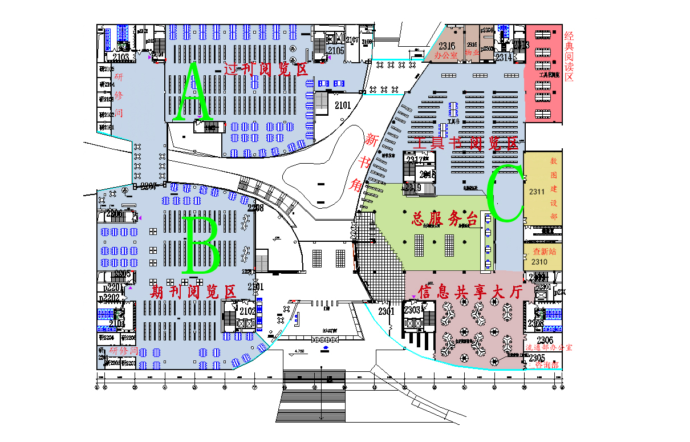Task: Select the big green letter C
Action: pos(505,193)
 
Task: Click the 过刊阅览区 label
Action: pos(266,70)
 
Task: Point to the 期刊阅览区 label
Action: pos(193,292)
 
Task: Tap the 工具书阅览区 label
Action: pos(467,143)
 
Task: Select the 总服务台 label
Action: pos(445,219)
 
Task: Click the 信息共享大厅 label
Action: pos(470,292)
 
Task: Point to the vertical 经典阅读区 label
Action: pos(569,57)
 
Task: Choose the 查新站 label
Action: pos(544,251)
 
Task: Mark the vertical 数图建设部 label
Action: pos(553,188)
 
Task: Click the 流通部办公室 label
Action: pos(548,347)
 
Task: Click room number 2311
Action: pos(537,192)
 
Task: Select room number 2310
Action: pos(539,262)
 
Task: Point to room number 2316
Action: pos(447,46)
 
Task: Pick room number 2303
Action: pos(412,310)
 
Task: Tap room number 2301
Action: pos(386,311)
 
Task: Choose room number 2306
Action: pos(537,340)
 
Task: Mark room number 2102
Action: pos(247,311)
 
